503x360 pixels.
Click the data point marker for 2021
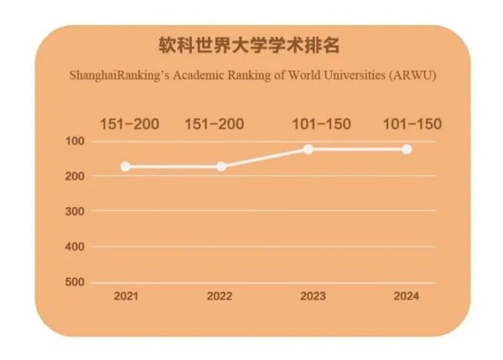tap(126, 166)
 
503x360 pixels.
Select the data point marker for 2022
tap(221, 166)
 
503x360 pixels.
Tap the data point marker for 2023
tap(309, 149)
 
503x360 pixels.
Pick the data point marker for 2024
tap(407, 149)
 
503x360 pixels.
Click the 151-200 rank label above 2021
tap(129, 124)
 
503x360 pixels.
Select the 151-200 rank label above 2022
tap(214, 124)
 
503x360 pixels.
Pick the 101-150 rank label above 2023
tap(322, 124)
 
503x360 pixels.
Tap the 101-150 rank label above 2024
tap(412, 124)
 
